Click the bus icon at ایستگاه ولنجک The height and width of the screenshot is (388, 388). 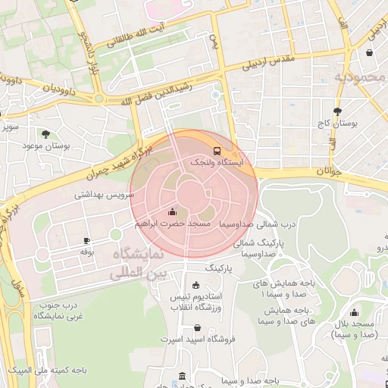tap(217, 150)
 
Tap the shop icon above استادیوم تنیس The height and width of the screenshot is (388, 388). tap(197, 285)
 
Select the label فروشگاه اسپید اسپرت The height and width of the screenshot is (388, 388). tap(199, 340)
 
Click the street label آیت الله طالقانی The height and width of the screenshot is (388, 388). tap(158, 29)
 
